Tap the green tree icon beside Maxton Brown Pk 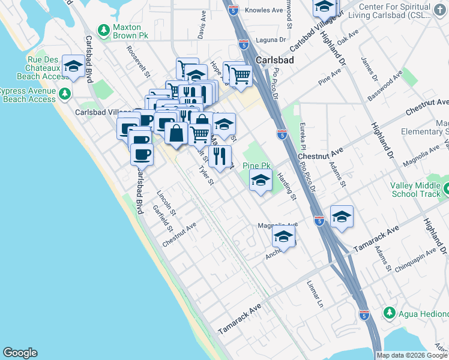[104, 30]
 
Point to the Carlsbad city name [274, 61]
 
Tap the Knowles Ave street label [266, 11]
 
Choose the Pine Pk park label [257, 166]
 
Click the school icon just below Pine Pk [261, 181]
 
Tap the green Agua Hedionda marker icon [389, 313]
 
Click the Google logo [20, 353]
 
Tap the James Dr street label [368, 70]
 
